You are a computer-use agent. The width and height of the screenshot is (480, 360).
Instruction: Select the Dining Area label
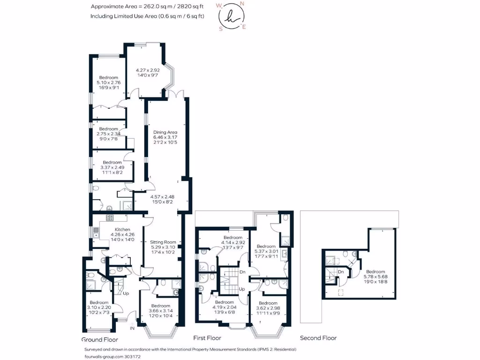pyautogui.click(x=165, y=132)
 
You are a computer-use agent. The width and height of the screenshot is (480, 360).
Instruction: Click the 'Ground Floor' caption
pyautogui.click(x=100, y=339)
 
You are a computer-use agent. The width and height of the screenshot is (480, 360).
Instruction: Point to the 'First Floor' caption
pyautogui.click(x=207, y=337)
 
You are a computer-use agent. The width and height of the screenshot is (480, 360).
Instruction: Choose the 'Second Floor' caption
pyautogui.click(x=318, y=337)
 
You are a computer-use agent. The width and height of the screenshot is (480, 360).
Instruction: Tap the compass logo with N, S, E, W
pyautogui.click(x=230, y=16)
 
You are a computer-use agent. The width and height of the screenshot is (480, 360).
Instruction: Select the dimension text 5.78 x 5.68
pyautogui.click(x=375, y=277)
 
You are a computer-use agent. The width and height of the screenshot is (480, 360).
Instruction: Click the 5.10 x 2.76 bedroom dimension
pyautogui.click(x=109, y=82)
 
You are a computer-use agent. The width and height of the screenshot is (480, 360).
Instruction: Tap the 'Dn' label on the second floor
pyautogui.click(x=341, y=271)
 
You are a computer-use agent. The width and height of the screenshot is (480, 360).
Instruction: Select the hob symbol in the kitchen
pyautogui.click(x=111, y=217)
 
